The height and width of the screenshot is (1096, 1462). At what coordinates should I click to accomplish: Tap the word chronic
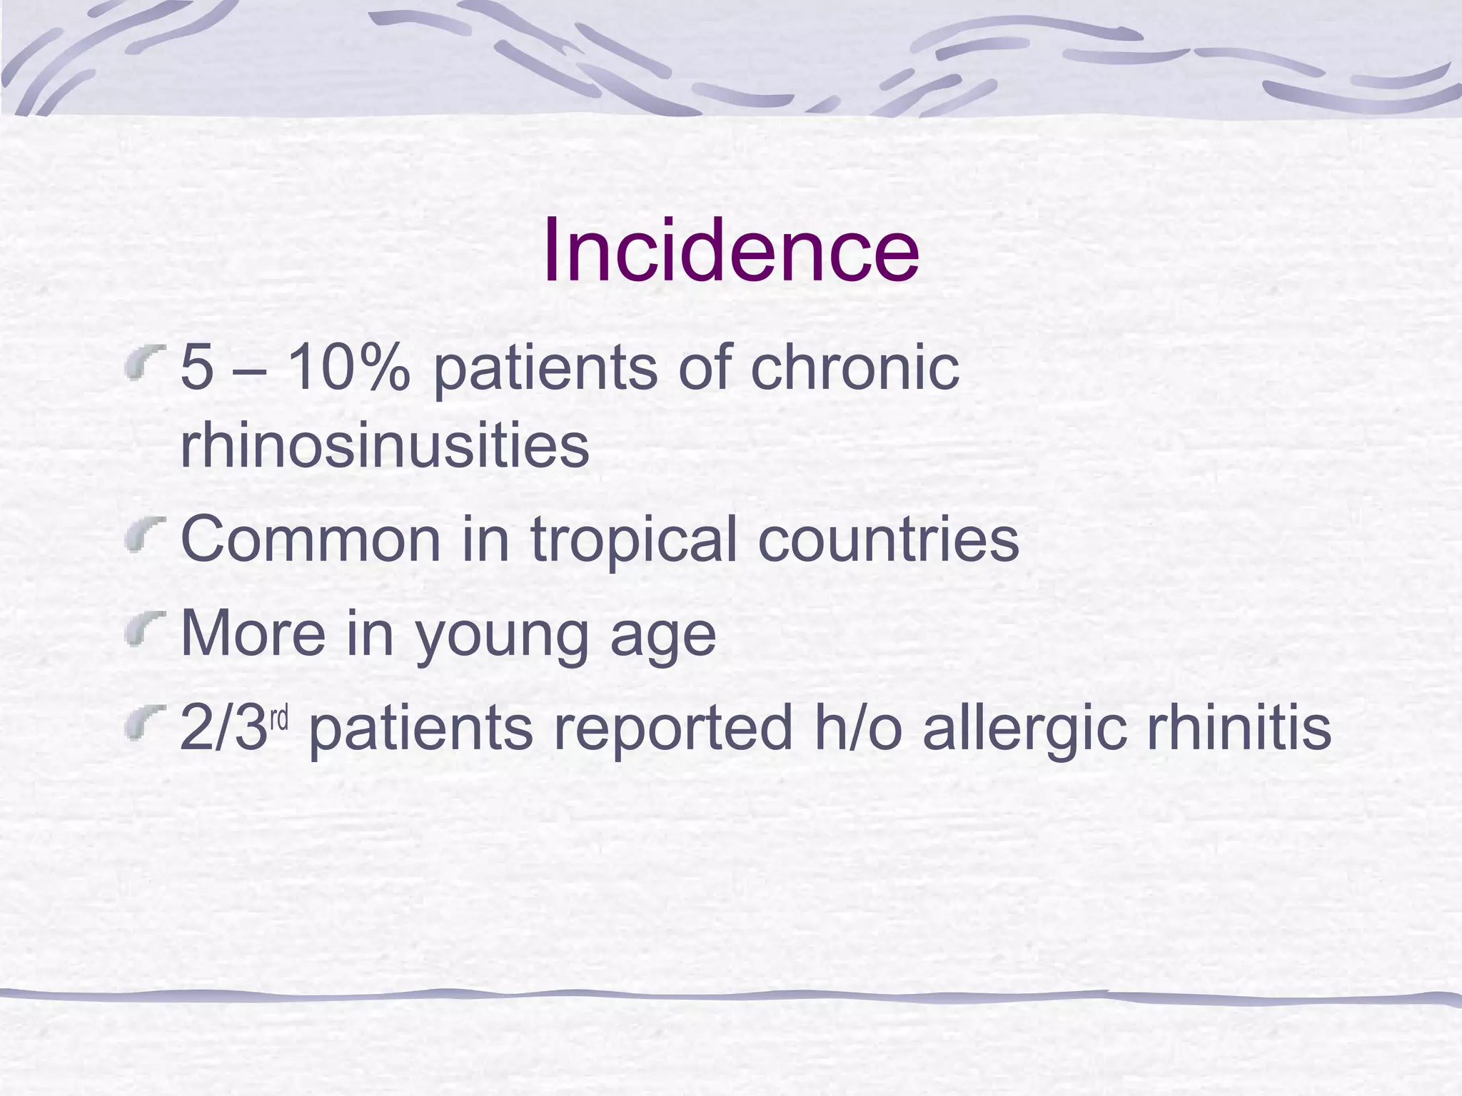click(x=854, y=368)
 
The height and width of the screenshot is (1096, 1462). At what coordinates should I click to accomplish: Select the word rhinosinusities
click(x=384, y=445)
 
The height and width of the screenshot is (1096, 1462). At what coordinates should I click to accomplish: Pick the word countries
click(x=887, y=539)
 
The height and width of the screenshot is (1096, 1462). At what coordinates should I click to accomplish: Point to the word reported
click(x=673, y=729)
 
